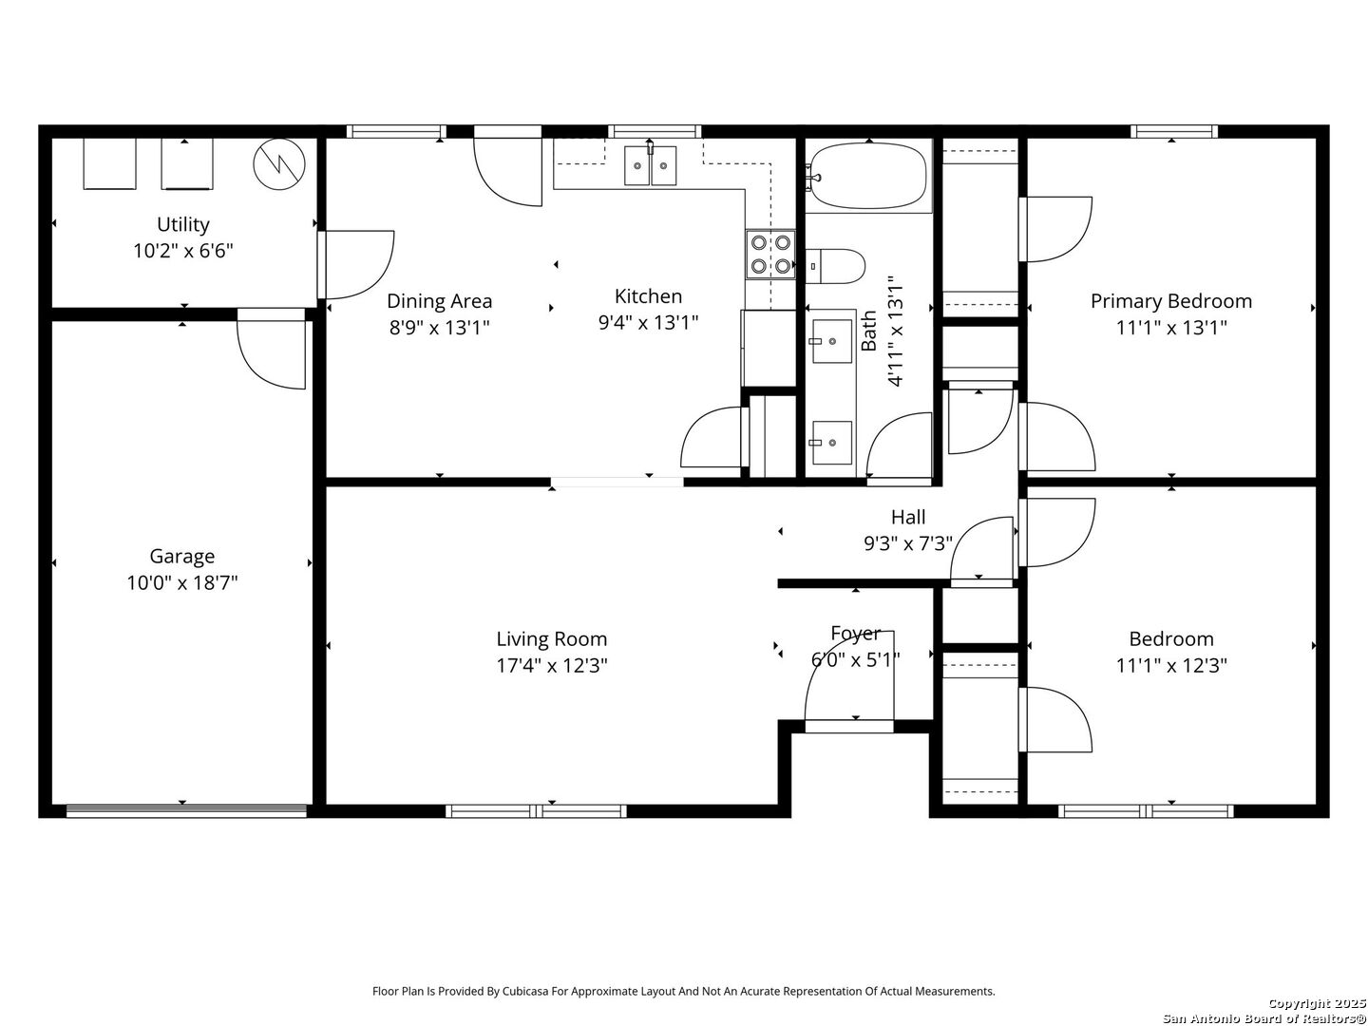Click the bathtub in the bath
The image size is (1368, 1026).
[868, 176]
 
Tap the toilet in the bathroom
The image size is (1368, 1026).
[835, 266]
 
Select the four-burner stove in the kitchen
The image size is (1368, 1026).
[770, 255]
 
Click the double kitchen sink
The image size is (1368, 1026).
[651, 165]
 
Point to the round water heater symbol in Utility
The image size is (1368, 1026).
[279, 164]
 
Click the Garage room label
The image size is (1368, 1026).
[182, 556]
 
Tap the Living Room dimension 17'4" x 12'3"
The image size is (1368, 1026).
[552, 665]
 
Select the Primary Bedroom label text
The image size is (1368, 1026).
[1171, 301]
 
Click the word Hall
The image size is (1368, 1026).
[908, 517]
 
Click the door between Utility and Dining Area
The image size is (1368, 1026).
[355, 265]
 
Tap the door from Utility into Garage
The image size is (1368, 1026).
[272, 349]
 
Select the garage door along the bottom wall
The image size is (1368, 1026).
[186, 810]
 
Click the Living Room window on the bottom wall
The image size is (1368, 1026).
[537, 810]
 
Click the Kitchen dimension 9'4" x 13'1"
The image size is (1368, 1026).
[648, 323]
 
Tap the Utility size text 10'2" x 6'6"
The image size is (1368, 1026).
[183, 251]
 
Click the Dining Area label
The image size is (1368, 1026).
[440, 301]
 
